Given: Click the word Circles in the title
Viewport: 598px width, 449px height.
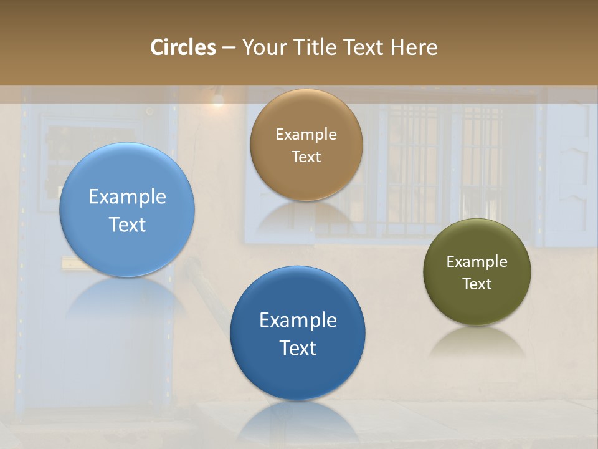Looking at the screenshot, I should point(183,47).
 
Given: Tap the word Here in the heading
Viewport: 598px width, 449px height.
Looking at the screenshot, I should point(414,47).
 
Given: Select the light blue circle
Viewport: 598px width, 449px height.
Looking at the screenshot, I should point(127,210).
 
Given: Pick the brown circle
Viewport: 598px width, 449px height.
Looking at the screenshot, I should point(306,145).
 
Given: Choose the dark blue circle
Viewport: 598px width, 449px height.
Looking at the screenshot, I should point(298,333).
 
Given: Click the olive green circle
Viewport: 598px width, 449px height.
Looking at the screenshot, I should point(477,272).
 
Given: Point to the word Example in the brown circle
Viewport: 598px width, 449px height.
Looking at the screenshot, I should point(306,134).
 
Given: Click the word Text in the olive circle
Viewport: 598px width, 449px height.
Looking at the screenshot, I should point(477,284).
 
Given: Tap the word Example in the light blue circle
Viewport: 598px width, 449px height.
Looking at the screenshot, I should point(127,197).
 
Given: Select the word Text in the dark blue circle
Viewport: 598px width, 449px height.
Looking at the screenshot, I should point(298,348).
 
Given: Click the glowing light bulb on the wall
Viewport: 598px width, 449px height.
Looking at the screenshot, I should point(217,100).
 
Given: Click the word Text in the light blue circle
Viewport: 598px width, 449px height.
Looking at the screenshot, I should point(127,224).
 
